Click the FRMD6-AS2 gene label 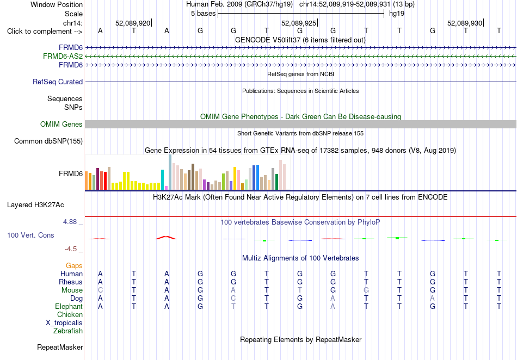click(63, 57)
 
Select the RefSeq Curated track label click(58, 82)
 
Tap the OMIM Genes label click(61, 124)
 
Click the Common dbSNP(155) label click(48, 141)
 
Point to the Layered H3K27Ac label click(35, 205)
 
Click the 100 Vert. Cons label click(30, 235)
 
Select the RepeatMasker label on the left click(60, 347)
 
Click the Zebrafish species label click(68, 331)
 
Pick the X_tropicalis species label click(64, 323)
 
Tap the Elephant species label click(69, 306)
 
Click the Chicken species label click(70, 314)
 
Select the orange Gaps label click(74, 265)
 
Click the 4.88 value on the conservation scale click(70, 222)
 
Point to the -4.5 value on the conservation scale click(71, 249)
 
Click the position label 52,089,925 click(299, 23)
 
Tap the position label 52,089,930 click(465, 23)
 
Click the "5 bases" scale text click(203, 14)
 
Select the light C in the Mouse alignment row click(100, 290)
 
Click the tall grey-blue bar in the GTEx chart click(170, 172)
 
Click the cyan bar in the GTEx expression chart click(162, 180)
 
